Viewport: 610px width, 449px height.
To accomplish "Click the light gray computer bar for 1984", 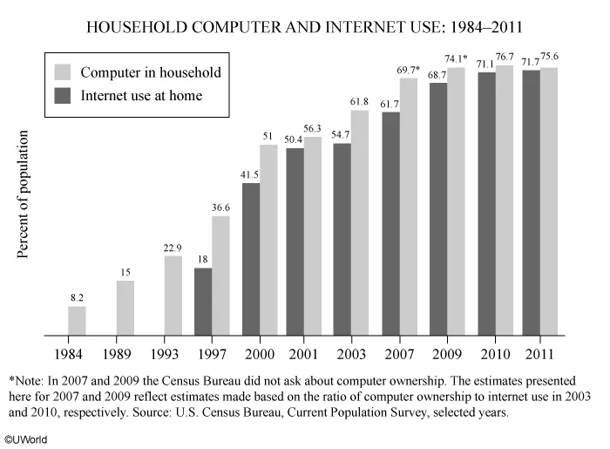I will tap(78, 321).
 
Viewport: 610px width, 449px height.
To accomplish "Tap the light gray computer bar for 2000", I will tap(268, 240).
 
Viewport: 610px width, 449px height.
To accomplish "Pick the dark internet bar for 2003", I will tap(342, 239).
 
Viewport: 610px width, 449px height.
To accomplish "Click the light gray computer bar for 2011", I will tap(549, 201).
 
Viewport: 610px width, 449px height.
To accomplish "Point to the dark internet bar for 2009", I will tap(438, 209).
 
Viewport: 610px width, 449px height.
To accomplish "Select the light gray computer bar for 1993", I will tap(173, 296).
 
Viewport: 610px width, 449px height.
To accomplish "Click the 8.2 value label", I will tap(78, 298).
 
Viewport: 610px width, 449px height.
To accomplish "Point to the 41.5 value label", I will tap(251, 174).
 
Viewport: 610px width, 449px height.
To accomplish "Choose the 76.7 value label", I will tap(505, 55).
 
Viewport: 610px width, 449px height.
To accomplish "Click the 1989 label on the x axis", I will tap(125, 355).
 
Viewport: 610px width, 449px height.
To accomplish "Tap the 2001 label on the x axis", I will tap(303, 355).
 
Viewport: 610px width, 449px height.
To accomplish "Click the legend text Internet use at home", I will tap(141, 95).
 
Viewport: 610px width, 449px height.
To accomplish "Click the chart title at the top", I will tap(304, 29).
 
